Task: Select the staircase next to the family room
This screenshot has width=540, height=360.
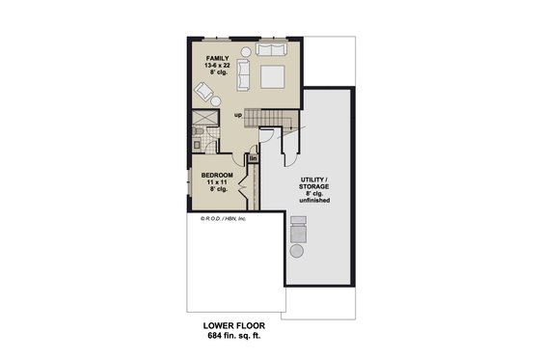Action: click(269, 120)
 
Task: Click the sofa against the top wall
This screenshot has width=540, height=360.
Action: click(271, 49)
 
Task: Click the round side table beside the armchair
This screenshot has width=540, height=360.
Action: click(216, 100)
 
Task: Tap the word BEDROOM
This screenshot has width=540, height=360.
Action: click(218, 176)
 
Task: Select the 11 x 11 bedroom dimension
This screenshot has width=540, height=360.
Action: click(218, 183)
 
